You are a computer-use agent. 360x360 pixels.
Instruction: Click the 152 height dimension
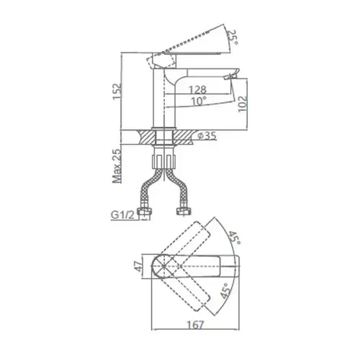pos(117,91)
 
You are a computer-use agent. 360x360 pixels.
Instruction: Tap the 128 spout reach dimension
pos(197,89)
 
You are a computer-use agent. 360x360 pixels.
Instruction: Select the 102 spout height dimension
pos(243,104)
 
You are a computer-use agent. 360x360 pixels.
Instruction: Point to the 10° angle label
pos(199,101)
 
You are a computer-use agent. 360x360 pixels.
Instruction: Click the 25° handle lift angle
pos(233,37)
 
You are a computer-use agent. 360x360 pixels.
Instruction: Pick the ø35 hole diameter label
pos(207,136)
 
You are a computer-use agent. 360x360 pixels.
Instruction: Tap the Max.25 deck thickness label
pos(117,166)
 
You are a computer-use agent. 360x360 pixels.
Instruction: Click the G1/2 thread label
pos(122,215)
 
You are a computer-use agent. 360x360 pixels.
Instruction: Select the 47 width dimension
pos(139,266)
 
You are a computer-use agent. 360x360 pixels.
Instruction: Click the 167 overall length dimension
pos(196,325)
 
